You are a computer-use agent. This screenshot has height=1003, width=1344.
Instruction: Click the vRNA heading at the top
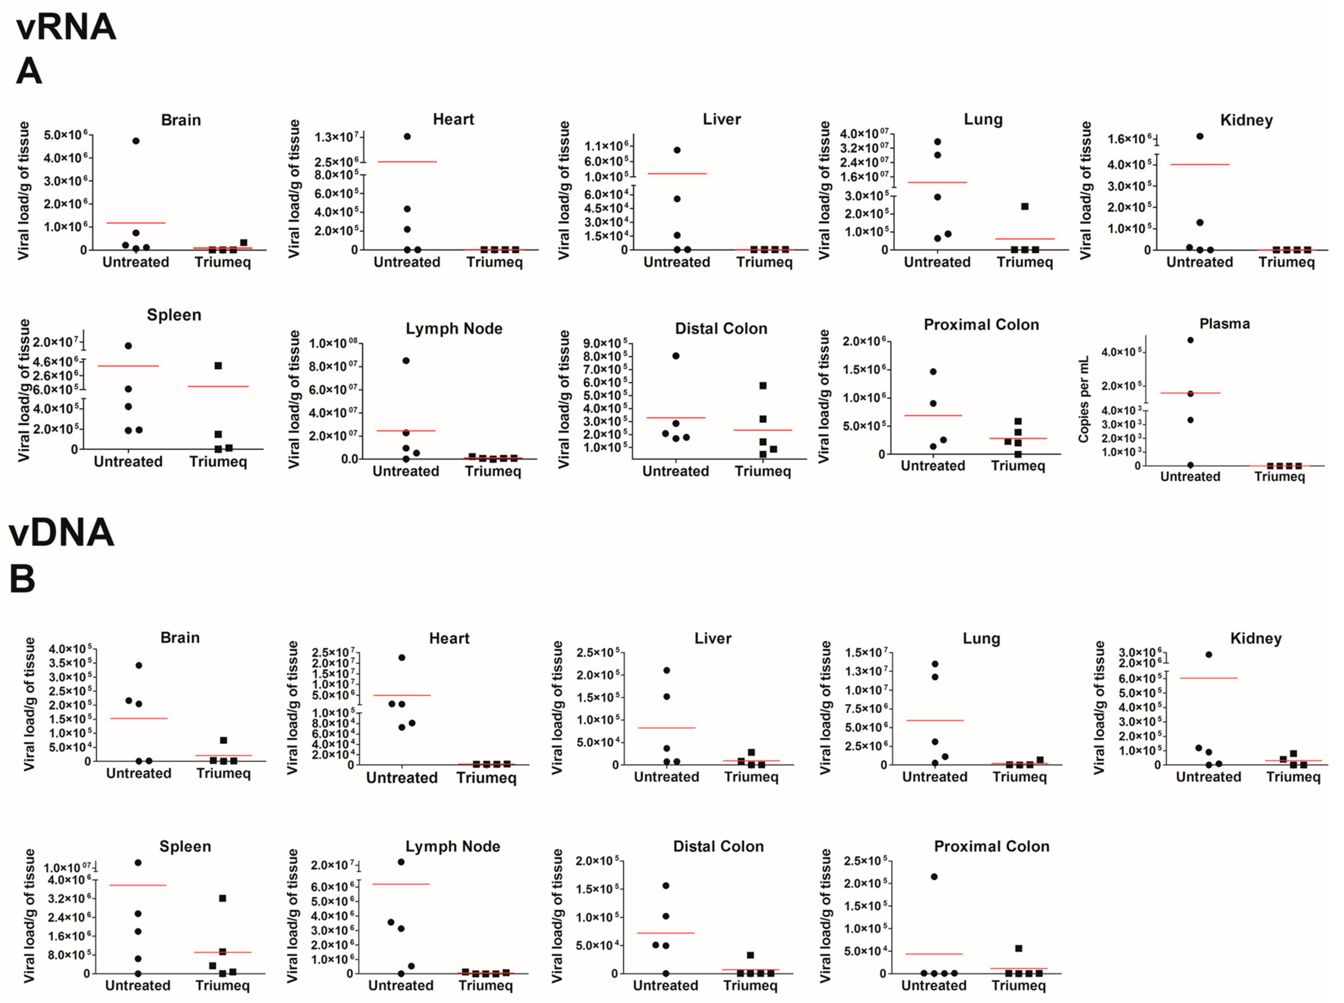click(x=66, y=27)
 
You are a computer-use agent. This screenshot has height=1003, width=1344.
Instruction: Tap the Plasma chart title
click(x=1224, y=324)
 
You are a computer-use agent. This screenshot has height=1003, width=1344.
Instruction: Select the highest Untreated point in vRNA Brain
click(x=136, y=141)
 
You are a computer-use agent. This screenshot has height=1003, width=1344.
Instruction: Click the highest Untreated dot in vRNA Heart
click(x=407, y=136)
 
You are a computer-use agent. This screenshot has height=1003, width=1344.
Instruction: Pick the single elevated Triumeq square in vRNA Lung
click(x=1025, y=206)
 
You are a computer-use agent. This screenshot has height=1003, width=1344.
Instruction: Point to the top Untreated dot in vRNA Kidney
click(x=1200, y=136)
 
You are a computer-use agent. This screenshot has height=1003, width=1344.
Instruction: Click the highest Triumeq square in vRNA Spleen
click(x=218, y=365)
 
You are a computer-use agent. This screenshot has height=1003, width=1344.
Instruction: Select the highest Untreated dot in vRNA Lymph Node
click(x=406, y=361)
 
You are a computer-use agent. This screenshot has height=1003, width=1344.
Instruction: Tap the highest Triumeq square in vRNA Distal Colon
click(x=763, y=386)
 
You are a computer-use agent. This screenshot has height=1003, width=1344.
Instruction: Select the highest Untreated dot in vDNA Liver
click(x=666, y=670)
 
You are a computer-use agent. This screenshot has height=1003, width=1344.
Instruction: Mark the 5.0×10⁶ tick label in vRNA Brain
click(x=66, y=135)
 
